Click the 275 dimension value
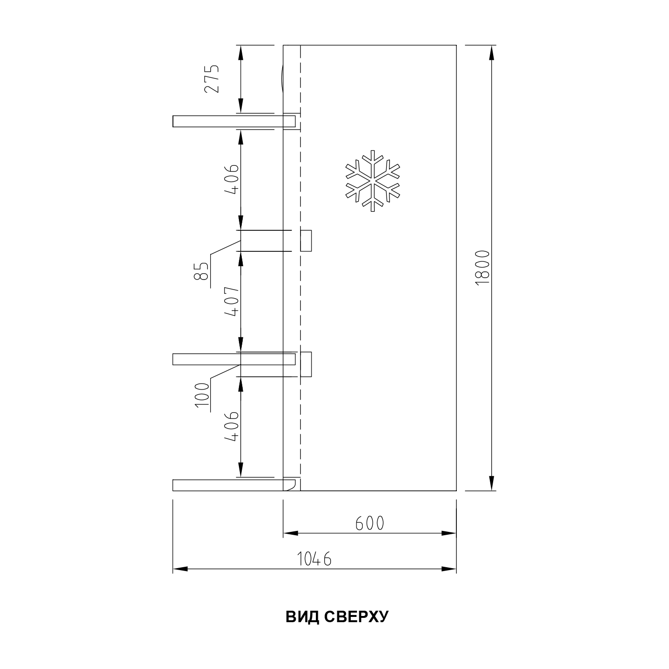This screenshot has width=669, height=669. click(212, 79)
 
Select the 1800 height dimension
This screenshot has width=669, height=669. click(482, 268)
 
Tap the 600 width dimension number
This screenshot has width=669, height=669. click(370, 523)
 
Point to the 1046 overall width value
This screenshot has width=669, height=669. click(314, 559)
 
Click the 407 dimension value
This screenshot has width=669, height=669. click(232, 302)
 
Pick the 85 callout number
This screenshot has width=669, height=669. click(201, 271)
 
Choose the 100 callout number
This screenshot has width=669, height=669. click(202, 395)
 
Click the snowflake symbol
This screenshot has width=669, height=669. click(373, 181)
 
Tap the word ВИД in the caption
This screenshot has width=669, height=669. click(302, 617)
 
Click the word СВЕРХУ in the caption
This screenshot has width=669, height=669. click(356, 617)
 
